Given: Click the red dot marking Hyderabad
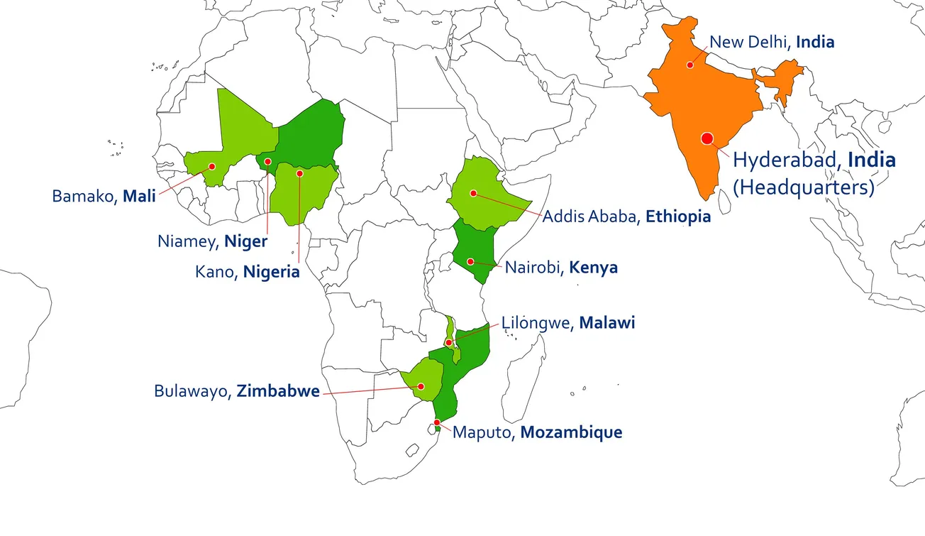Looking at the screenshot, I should [707, 139].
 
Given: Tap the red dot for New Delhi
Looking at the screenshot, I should [689, 65].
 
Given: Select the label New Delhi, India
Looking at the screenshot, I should [772, 42].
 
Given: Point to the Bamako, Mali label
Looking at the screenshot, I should [104, 196].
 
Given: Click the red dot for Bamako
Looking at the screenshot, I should [211, 166].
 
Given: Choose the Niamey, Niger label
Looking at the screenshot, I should [212, 241].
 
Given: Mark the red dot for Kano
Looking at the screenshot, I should [299, 173].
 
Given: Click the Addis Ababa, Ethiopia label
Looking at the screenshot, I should [626, 217].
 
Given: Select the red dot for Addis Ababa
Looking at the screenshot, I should [473, 193].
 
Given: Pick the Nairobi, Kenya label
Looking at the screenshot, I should [561, 268].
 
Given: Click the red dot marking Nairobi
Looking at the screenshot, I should [470, 261].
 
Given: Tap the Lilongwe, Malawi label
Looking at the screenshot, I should [568, 323].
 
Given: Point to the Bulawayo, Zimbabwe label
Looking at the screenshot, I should [237, 391].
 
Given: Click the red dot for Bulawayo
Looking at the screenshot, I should [421, 387].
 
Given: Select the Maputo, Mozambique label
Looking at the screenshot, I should [537, 432].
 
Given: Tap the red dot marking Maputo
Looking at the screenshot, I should [437, 422].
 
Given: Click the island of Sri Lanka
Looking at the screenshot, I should [725, 204].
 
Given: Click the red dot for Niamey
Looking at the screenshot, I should [267, 162].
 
